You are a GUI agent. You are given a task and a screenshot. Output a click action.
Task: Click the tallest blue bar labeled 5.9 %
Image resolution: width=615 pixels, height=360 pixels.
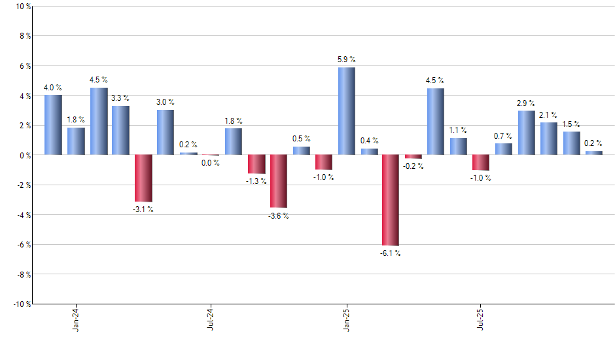point(347,111)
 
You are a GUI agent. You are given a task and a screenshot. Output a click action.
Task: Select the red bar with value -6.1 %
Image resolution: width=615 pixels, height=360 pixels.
point(391,200)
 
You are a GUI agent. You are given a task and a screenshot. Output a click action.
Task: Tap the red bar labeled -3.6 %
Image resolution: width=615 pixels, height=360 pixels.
point(279,181)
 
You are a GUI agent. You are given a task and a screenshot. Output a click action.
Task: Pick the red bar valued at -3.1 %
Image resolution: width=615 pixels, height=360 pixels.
point(143,178)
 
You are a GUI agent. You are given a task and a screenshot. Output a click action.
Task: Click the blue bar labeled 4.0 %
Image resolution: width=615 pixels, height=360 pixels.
point(53,125)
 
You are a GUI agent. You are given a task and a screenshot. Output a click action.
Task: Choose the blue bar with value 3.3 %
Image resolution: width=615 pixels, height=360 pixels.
point(120,130)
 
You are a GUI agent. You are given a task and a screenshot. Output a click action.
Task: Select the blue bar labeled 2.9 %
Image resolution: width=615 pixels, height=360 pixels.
point(527,133)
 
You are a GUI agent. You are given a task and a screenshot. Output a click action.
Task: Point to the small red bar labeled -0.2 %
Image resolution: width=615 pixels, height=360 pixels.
point(413,157)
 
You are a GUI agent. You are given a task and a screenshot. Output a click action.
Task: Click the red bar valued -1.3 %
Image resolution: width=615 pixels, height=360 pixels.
point(256,164)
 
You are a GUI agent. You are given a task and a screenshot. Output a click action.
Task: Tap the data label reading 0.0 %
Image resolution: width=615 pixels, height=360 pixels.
point(211,163)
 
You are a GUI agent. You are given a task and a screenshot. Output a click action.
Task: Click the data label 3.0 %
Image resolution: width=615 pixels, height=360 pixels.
point(166,102)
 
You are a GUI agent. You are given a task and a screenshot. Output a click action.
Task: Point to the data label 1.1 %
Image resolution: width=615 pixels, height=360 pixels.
point(459,130)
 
